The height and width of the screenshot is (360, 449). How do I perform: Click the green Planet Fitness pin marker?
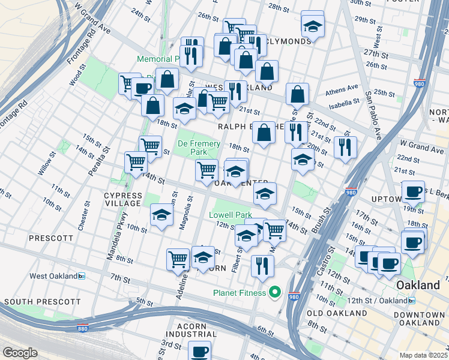pos(275,293)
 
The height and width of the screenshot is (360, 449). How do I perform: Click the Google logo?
pos(20,353)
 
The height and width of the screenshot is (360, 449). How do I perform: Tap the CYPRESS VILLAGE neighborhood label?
pos(123,200)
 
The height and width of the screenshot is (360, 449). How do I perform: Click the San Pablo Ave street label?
pos(373,115)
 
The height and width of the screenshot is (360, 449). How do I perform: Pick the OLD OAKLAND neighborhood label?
pos(336,313)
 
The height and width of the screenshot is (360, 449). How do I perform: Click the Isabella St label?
pos(343,103)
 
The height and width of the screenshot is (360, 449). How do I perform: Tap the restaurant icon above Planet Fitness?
pos(262,265)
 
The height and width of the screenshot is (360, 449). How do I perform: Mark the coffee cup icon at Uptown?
pos(413,191)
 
